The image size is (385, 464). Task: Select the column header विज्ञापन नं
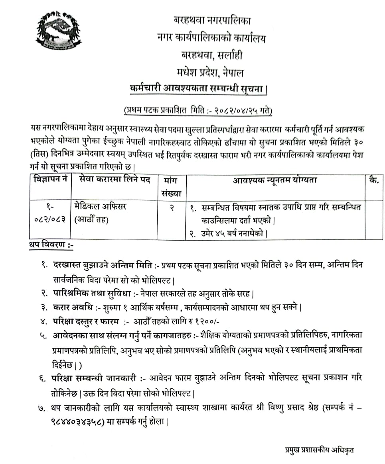pyautogui.click(x=50, y=180)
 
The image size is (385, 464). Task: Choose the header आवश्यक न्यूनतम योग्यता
pyautogui.click(x=275, y=180)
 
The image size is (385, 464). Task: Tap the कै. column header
pyautogui.click(x=374, y=180)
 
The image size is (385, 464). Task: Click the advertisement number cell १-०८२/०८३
pyautogui.click(x=49, y=212)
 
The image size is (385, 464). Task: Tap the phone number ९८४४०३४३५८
pyautogui.click(x=78, y=422)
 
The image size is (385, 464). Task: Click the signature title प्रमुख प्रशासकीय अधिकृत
pyautogui.click(x=317, y=450)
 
